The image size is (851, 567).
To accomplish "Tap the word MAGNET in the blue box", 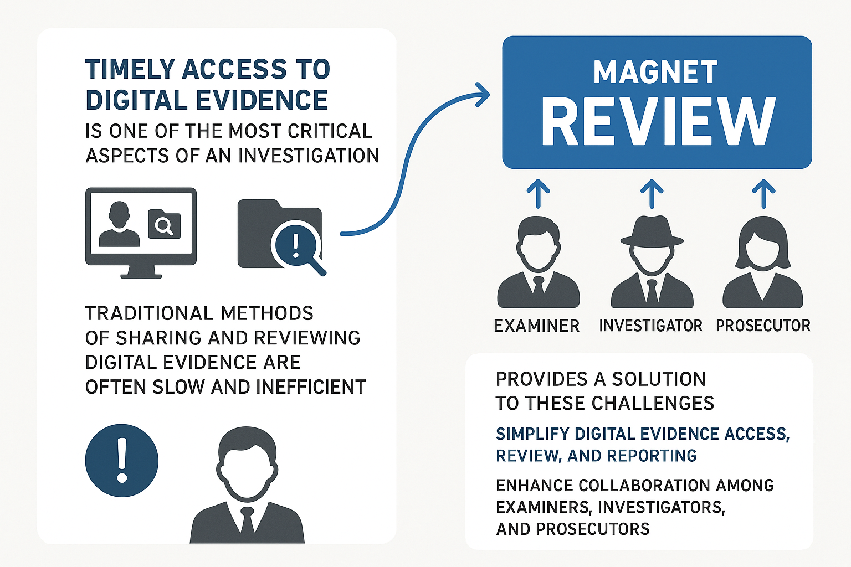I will [655, 73].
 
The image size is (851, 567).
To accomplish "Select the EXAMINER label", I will [536, 326].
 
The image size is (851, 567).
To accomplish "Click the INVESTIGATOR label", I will [650, 326].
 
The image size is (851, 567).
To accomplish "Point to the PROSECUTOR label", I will [763, 326].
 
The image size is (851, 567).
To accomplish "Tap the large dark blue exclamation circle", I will [122, 461].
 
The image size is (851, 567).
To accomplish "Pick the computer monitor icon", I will [141, 232].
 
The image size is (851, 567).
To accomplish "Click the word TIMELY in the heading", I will [131, 70].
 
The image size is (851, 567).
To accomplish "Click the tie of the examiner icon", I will [538, 286].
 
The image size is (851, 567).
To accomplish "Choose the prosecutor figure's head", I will [763, 244].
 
